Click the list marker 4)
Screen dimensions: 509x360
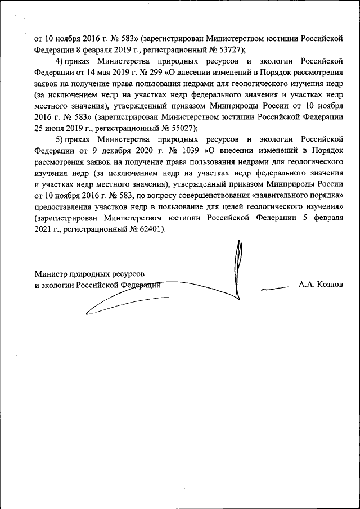[58, 60]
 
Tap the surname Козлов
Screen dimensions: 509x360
[329, 285]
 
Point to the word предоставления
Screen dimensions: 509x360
[64, 206]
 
